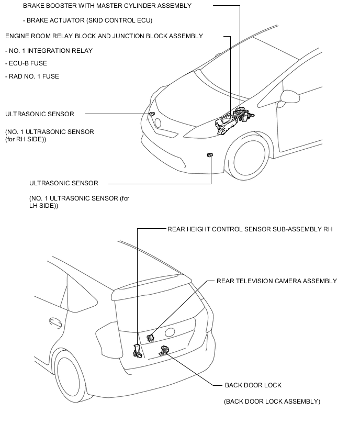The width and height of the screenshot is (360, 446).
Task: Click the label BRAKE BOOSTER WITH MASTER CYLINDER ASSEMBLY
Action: coord(107,6)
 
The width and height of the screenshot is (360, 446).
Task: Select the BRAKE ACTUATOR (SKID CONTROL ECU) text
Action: coord(87,20)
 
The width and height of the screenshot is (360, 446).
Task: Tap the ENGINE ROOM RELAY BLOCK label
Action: coord(104,36)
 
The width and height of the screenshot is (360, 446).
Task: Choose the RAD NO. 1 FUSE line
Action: coord(32,76)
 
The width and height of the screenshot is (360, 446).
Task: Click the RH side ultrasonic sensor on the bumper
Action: coord(152,114)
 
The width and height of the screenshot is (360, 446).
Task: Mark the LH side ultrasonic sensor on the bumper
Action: coord(210,155)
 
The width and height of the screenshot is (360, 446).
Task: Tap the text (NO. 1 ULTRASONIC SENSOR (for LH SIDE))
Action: coord(79,202)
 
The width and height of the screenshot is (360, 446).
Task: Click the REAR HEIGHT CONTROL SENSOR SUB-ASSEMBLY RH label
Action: coord(250,229)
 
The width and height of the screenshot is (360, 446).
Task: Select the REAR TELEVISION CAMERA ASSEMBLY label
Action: coord(276,281)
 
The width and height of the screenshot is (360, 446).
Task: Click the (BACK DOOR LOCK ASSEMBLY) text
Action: coord(272,402)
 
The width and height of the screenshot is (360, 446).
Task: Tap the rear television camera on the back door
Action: coord(150,338)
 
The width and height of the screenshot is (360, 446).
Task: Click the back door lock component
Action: coord(164,351)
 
